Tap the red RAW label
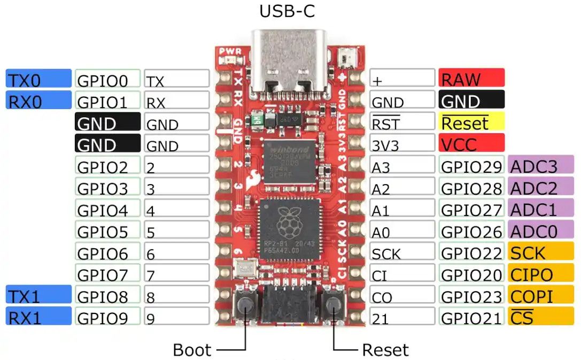coord(471,79)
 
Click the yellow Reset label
coord(471,122)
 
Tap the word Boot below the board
coord(192,350)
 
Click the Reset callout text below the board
coord(385,350)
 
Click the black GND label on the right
coord(471,101)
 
